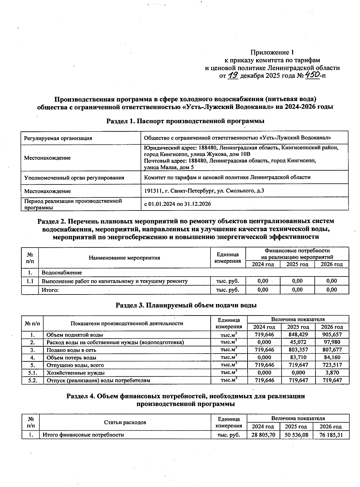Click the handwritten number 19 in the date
click(x=233, y=75)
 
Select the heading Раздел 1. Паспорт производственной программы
click(x=185, y=121)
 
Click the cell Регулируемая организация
click(x=58, y=138)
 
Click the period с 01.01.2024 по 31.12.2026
click(x=178, y=204)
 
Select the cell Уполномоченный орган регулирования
click(x=74, y=178)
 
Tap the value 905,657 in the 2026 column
click(x=331, y=334)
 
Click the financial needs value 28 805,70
click(x=263, y=435)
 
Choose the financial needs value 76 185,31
click(x=331, y=435)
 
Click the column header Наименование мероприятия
click(x=124, y=258)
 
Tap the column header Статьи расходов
click(x=125, y=422)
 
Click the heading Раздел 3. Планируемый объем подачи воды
click(x=186, y=305)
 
